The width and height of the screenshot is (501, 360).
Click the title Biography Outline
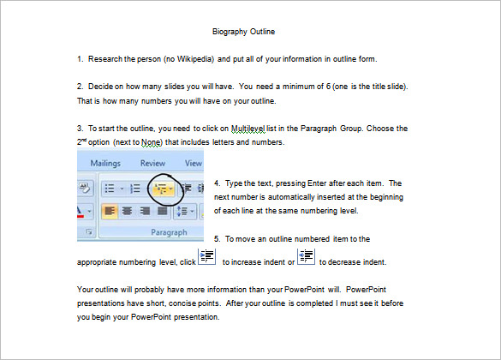pos(244,32)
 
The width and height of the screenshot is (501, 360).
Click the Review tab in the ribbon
pos(152,162)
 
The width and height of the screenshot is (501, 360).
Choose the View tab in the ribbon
pos(193,162)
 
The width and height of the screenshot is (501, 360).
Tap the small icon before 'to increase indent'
pos(206,258)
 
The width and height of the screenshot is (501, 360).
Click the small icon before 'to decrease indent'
pos(307,258)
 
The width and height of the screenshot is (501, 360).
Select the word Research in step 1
pos(105,59)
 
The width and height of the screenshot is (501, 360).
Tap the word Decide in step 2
pos(101,87)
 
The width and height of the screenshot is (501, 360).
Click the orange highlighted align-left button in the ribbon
pos(110,210)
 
